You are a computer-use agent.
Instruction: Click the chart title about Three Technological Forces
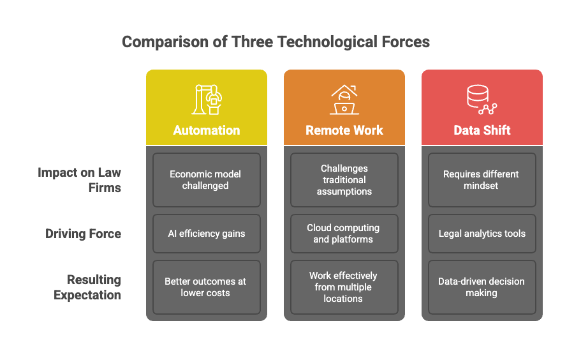[x=276, y=43]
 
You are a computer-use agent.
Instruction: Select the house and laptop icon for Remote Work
[x=344, y=100]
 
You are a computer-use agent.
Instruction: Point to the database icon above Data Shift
[x=481, y=100]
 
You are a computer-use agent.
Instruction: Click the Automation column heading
[x=207, y=130]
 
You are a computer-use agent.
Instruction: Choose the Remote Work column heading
[x=344, y=130]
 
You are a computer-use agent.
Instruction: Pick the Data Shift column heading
[x=482, y=130]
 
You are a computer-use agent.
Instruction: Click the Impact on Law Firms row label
[x=80, y=180]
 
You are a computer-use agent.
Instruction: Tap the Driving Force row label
[x=84, y=234]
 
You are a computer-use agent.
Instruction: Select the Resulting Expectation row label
[x=87, y=287]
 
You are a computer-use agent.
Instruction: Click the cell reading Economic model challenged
[x=207, y=180]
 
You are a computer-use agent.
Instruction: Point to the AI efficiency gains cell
[x=207, y=234]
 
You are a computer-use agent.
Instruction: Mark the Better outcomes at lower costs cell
[x=207, y=287]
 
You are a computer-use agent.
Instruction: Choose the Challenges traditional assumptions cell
[x=344, y=180]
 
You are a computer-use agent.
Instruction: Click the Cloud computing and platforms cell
[x=344, y=234]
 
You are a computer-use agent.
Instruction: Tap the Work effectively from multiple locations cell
[x=344, y=287]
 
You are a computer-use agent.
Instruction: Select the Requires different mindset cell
[x=482, y=180]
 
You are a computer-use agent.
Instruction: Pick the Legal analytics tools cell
[x=482, y=234]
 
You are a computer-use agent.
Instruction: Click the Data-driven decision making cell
[x=482, y=287]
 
